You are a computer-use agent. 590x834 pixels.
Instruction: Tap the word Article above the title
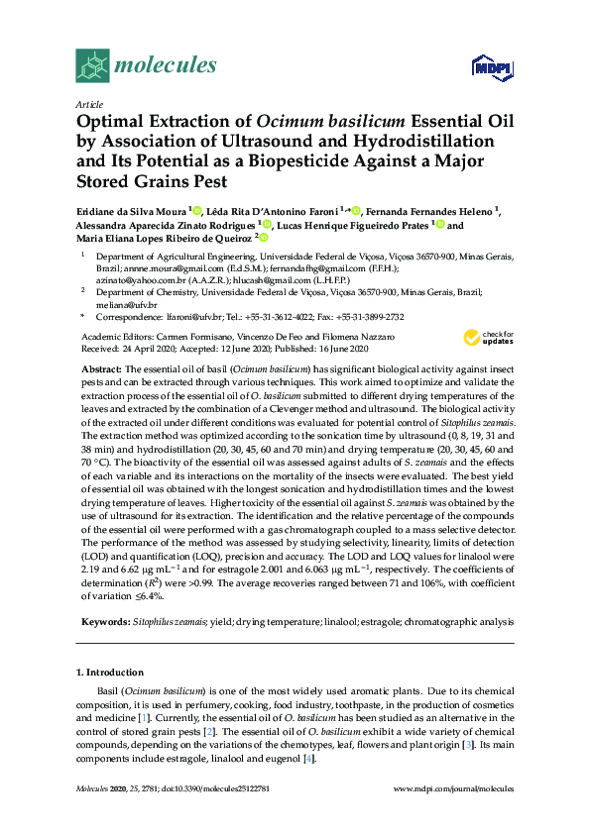[88, 104]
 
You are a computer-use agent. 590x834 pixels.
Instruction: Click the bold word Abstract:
[101, 368]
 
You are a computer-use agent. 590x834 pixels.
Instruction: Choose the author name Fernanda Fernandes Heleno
[436, 211]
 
